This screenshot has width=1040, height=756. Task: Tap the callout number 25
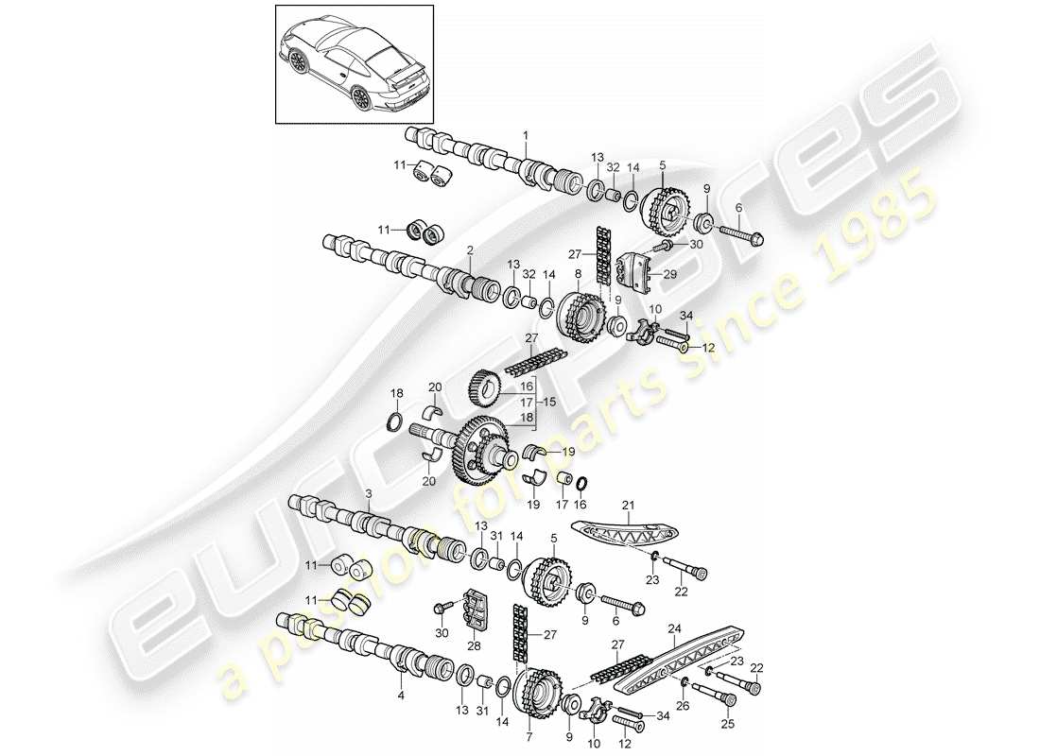[729, 725]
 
